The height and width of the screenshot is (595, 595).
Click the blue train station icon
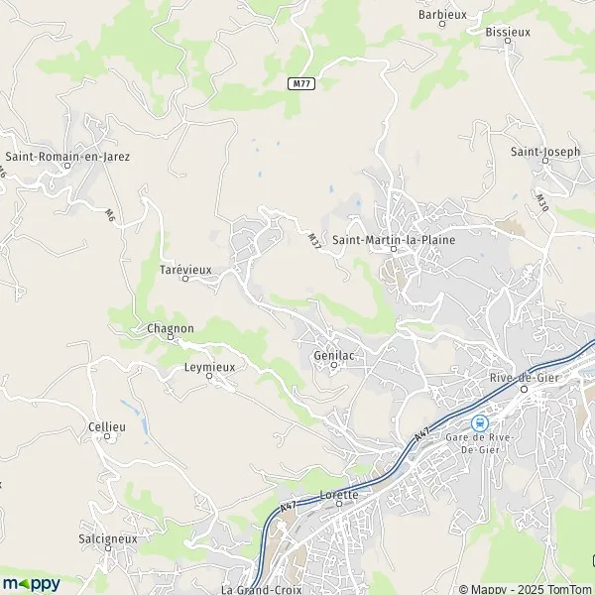pyautogui.click(x=481, y=421)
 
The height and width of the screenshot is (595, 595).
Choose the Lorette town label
pyautogui.click(x=339, y=493)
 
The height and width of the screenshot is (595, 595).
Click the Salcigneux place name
pyautogui.click(x=106, y=537)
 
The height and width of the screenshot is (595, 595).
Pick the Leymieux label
pyautogui.click(x=209, y=366)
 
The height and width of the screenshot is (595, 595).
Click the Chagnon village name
pyautogui.click(x=170, y=328)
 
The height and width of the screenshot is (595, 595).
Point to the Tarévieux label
pyautogui.click(x=185, y=269)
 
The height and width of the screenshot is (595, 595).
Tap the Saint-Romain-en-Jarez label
pyautogui.click(x=67, y=156)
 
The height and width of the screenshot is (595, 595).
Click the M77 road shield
pyautogui.click(x=302, y=84)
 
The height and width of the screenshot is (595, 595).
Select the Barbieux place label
pyautogui.click(x=442, y=15)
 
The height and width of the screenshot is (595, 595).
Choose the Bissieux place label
pyautogui.click(x=508, y=32)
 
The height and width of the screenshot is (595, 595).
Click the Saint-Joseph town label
pyautogui.click(x=544, y=152)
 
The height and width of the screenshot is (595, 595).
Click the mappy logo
pyautogui.click(x=31, y=582)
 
